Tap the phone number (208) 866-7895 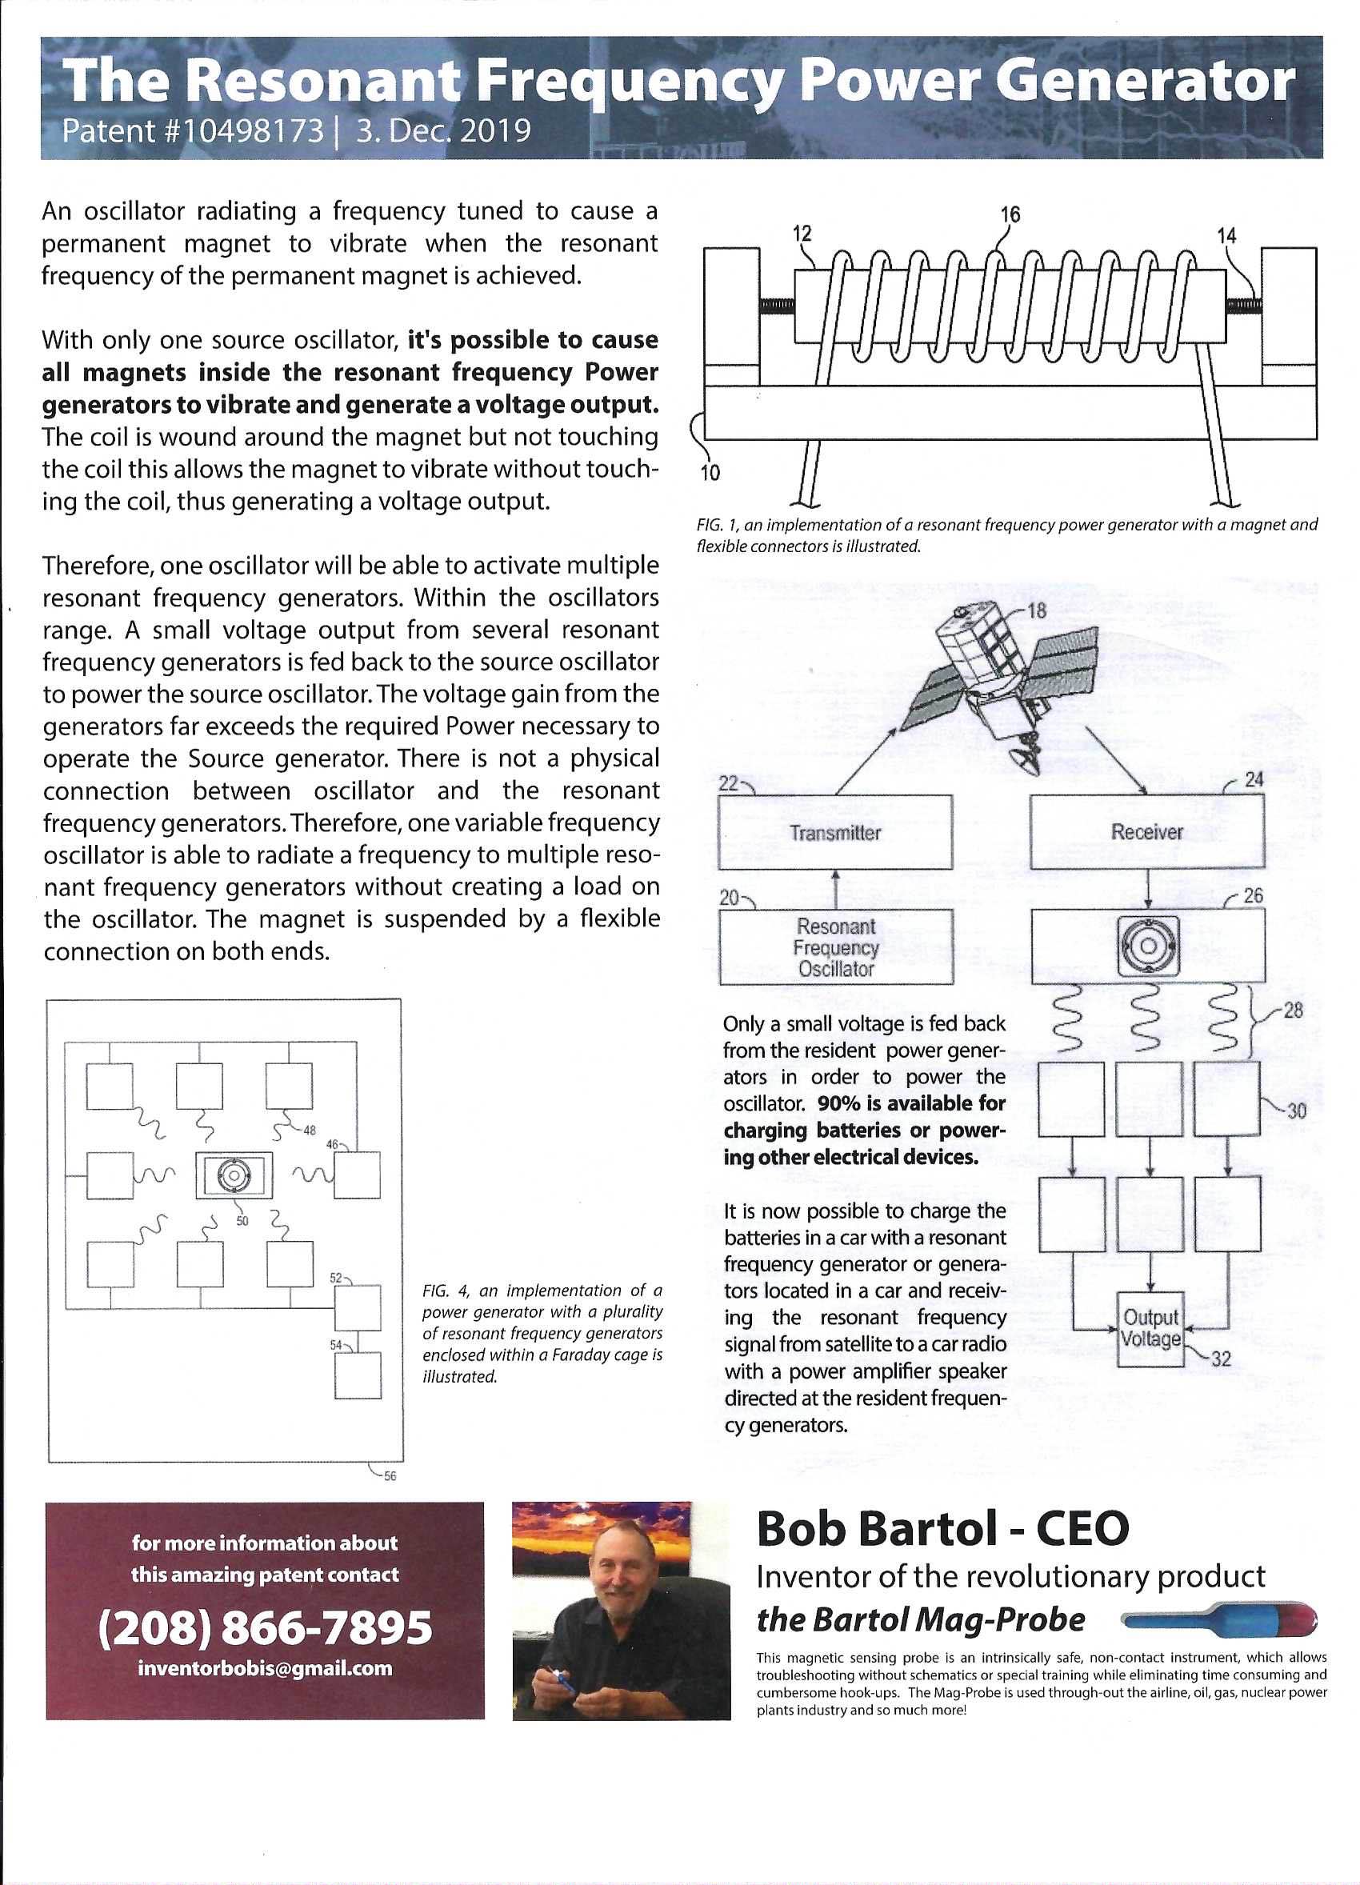click(265, 1627)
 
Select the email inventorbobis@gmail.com click(265, 1669)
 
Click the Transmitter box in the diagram click(835, 833)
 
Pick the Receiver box click(1146, 832)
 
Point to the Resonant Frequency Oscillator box click(836, 947)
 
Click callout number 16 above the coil click(1010, 214)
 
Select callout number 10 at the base click(711, 473)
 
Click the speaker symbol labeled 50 click(234, 1175)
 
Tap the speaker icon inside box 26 click(1147, 946)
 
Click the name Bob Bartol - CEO click(942, 1528)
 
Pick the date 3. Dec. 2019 click(444, 131)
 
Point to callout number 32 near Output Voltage click(1221, 1359)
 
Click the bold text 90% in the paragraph click(839, 1104)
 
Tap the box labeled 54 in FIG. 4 click(358, 1375)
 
